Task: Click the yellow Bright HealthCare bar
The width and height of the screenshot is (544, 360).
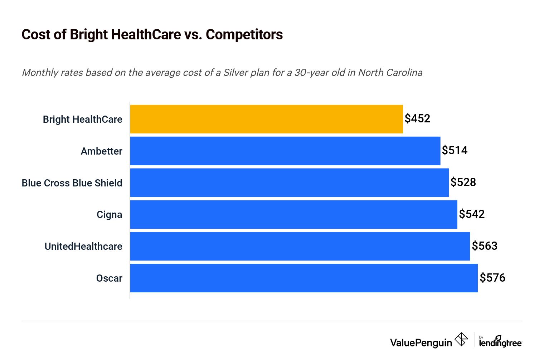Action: point(266,119)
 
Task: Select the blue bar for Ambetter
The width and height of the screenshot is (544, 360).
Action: point(285,151)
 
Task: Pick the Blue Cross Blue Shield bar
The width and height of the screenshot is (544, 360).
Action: point(289,183)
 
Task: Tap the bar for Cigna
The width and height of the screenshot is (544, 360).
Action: point(293,214)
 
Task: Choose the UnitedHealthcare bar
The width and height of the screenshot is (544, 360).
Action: point(300,246)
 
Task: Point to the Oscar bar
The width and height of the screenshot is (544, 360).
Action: point(304,278)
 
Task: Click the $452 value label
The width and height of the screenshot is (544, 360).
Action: point(417,118)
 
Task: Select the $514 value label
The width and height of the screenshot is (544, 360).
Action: point(455,150)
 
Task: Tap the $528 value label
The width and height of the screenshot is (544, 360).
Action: point(463,182)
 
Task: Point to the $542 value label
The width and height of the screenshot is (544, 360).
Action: point(472,214)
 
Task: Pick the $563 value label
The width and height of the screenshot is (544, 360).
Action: point(485,246)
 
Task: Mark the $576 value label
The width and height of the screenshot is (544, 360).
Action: point(492,278)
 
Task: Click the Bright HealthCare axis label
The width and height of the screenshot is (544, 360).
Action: point(82,120)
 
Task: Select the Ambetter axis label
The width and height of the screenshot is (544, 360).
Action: point(101,151)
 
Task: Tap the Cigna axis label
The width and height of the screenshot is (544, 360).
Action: point(109,215)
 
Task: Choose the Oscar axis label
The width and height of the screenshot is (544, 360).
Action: point(109,278)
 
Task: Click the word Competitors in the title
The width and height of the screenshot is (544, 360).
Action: point(244,35)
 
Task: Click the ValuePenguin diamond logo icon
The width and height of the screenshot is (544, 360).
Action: point(461,339)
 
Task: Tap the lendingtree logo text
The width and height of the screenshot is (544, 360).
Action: point(500,342)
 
